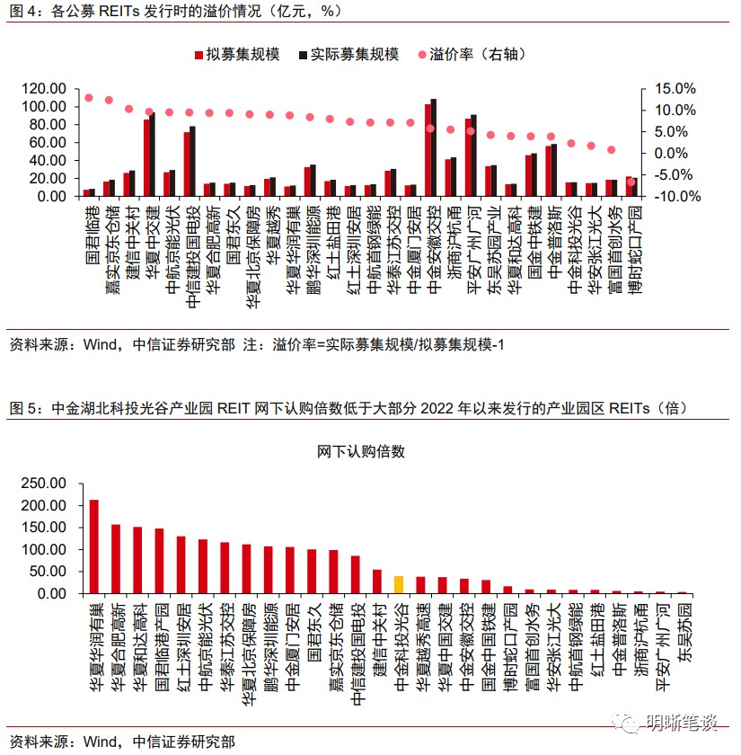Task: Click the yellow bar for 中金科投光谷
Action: click(399, 584)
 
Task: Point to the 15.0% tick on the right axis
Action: click(675, 88)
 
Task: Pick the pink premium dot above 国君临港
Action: click(89, 97)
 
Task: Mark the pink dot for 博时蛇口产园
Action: click(631, 182)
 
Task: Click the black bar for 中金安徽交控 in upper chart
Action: click(434, 147)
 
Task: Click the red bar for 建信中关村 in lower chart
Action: click(377, 581)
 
